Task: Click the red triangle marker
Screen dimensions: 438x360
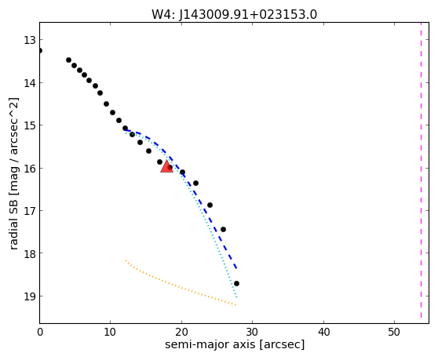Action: point(166,167)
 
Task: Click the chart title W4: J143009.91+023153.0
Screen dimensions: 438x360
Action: point(235,14)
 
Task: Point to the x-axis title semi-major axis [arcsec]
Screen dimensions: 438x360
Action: point(235,344)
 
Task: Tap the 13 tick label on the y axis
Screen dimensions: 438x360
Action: point(30,40)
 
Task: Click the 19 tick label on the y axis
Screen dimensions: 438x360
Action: point(30,296)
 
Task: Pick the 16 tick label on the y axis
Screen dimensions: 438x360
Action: point(30,169)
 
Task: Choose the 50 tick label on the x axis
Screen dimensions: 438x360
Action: point(394,332)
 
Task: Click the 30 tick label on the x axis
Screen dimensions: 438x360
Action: point(253,332)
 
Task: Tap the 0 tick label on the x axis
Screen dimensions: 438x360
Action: point(40,332)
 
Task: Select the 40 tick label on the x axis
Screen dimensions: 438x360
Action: point(323,332)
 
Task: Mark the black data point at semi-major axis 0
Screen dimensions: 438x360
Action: point(40,50)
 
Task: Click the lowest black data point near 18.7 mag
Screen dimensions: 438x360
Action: point(236,284)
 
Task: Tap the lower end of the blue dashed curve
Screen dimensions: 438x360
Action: point(236,268)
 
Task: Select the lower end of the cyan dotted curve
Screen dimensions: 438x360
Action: point(236,297)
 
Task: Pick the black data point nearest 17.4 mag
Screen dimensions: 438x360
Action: point(223,229)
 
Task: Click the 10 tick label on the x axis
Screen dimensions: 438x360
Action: point(111,332)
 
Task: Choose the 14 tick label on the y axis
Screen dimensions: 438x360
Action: point(30,83)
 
